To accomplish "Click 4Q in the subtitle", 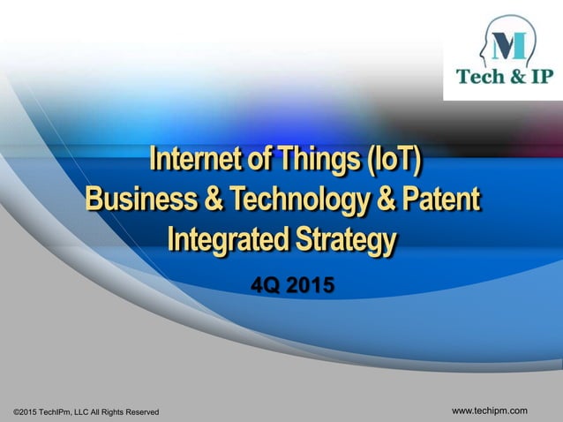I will click(x=264, y=286).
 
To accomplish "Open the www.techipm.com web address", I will click(x=490, y=411).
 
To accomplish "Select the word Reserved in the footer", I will click(x=141, y=412).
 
